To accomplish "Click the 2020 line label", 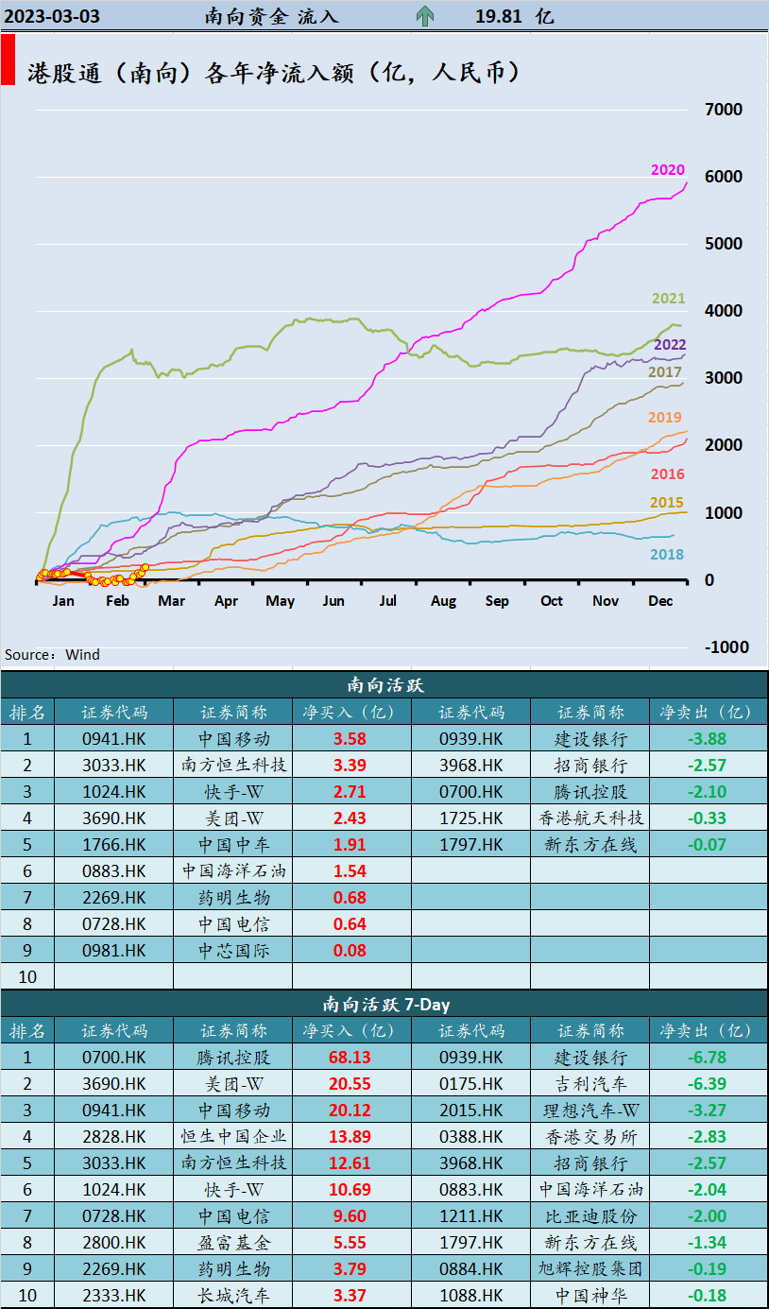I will (x=667, y=170).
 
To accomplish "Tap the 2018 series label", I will (x=666, y=555).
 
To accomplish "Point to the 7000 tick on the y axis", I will (x=724, y=110).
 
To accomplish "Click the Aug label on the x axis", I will (x=443, y=601).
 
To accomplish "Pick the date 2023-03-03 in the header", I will (x=53, y=16).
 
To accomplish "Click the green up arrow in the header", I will (x=424, y=16).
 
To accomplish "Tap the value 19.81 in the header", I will (x=500, y=16).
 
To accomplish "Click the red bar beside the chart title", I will (x=8, y=61).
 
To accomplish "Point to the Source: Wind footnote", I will (x=52, y=655).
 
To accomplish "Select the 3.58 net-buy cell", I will (x=350, y=739).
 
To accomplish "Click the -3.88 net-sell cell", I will (x=707, y=739).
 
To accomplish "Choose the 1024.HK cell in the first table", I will (x=113, y=792).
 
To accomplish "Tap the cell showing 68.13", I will (x=350, y=1058).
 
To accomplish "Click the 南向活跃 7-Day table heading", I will (x=384, y=1004).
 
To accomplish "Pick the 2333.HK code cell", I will (x=113, y=1295).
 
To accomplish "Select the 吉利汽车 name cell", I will (x=590, y=1084).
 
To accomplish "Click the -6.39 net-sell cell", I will (x=707, y=1084).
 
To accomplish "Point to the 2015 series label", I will (x=666, y=503).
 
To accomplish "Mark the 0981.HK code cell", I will (x=113, y=951).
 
